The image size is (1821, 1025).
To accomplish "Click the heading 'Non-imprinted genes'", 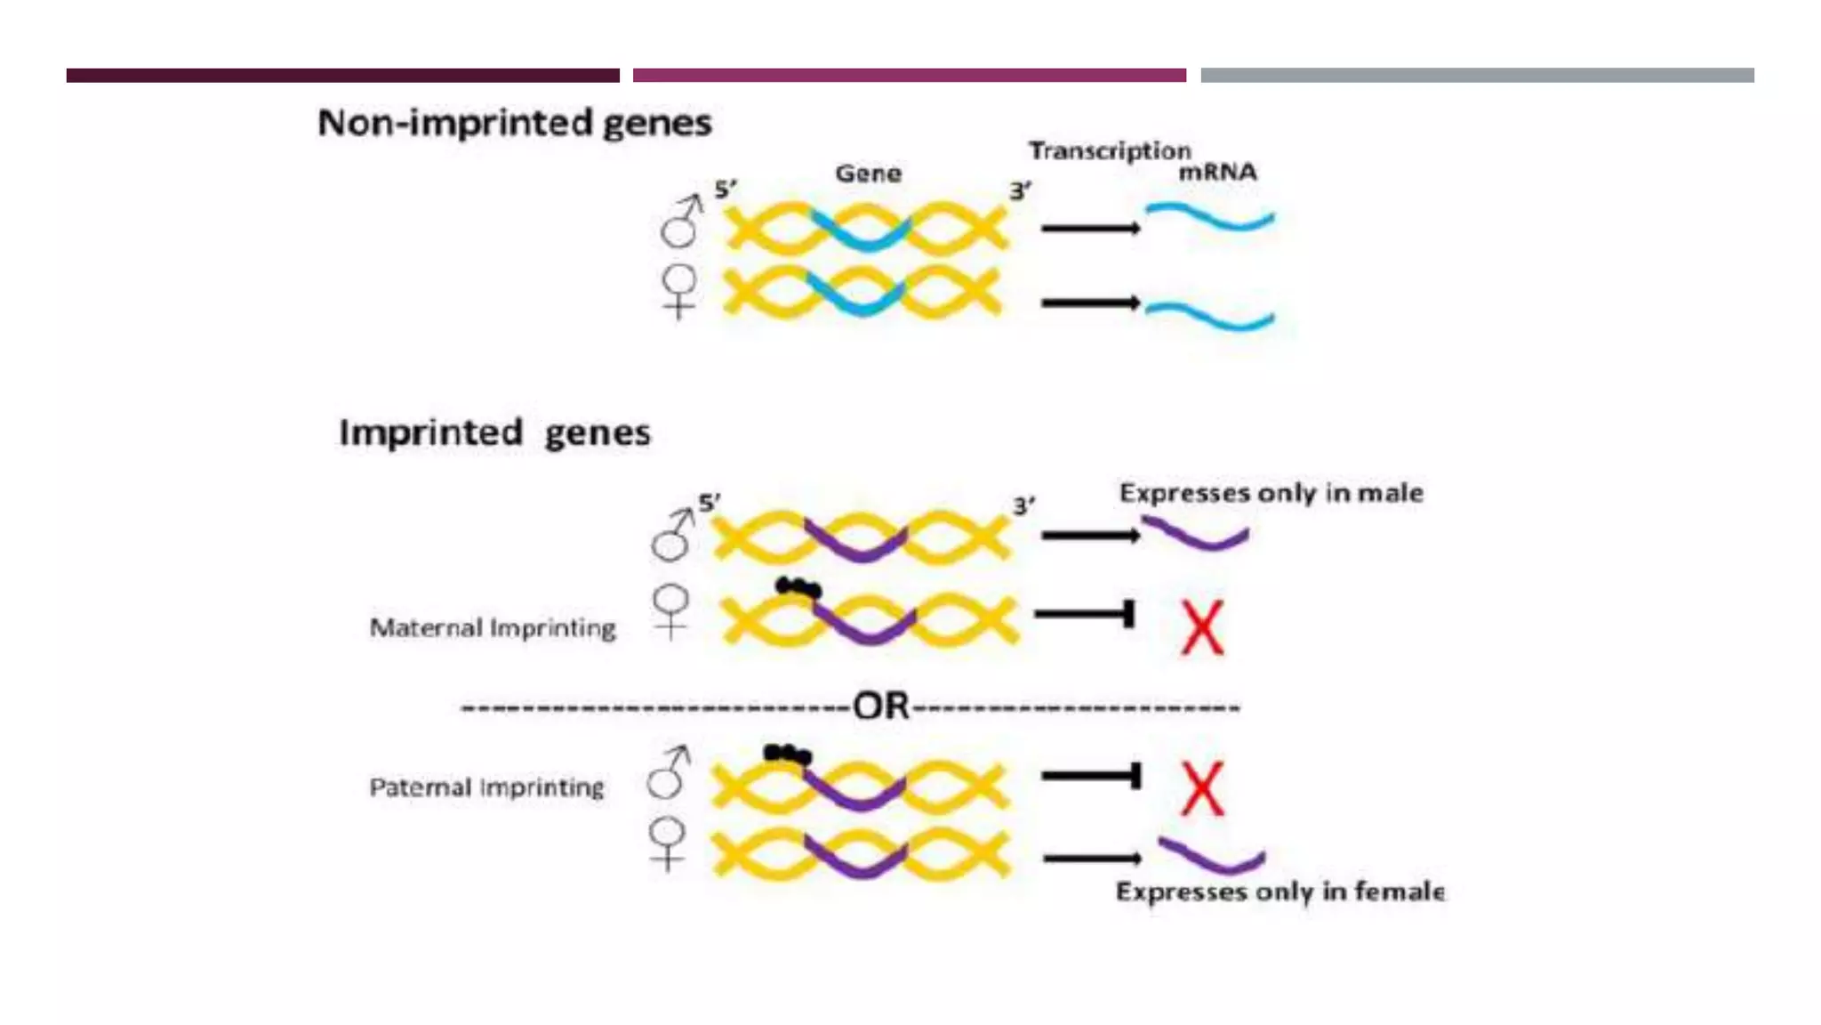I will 514,123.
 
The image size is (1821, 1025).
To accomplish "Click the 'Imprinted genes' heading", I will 494,433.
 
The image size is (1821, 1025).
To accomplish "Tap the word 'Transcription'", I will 1109,150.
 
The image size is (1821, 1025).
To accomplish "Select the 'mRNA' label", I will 1217,172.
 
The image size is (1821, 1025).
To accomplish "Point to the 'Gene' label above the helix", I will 868,174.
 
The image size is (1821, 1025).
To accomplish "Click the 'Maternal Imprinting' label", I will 493,628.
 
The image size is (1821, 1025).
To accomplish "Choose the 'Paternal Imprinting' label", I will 486,787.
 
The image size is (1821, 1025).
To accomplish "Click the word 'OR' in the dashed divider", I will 880,706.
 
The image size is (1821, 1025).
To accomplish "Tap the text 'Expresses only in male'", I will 1271,493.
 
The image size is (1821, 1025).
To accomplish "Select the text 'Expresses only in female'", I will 1280,892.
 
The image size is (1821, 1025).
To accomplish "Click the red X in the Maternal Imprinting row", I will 1201,627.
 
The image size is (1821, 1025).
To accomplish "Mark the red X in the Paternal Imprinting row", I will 1201,788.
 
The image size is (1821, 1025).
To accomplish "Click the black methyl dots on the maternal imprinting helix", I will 798,587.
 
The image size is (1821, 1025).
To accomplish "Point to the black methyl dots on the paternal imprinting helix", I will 787,755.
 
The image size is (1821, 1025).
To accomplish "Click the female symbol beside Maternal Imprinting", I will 670,611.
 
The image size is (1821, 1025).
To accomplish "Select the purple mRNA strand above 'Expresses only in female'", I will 1211,856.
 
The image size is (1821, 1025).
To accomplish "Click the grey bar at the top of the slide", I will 1477,76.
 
